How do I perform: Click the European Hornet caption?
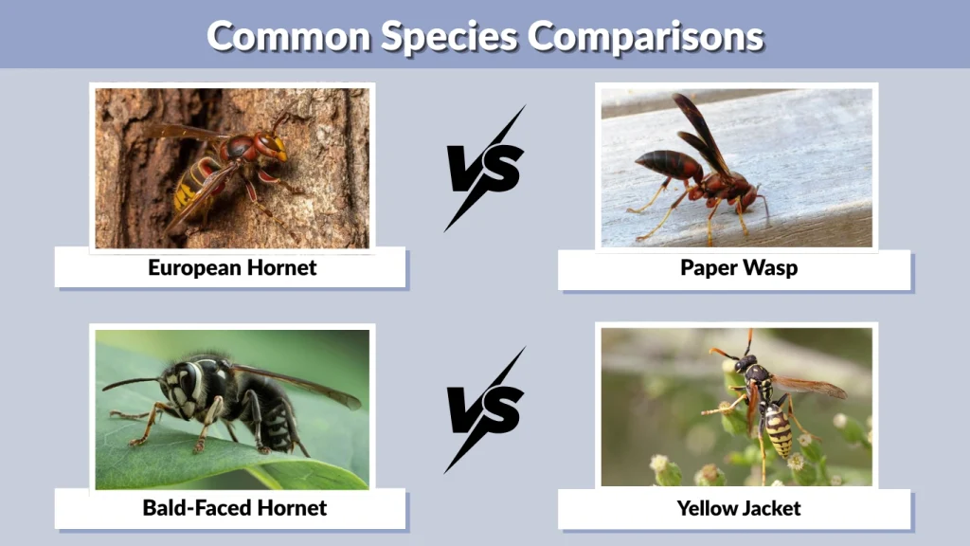click(232, 267)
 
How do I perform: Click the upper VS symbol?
click(486, 169)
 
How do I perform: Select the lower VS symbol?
click(486, 409)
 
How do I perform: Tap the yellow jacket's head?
click(745, 363)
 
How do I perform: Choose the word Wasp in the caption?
click(770, 267)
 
